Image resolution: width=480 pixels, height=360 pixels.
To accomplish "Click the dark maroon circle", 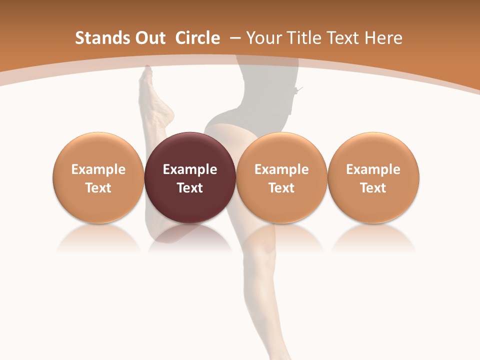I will click(x=190, y=178).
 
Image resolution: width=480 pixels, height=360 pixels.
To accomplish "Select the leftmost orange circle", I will click(x=98, y=178).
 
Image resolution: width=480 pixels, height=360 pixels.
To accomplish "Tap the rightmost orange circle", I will click(x=373, y=178).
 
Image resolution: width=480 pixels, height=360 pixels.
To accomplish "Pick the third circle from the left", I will click(x=281, y=178).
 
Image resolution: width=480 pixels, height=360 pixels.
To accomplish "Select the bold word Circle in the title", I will click(x=197, y=38).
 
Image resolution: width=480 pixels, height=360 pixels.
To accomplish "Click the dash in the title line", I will click(x=235, y=38).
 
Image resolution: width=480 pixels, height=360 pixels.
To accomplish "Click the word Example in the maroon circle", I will click(x=190, y=169).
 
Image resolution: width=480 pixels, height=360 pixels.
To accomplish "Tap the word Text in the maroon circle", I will click(x=190, y=188).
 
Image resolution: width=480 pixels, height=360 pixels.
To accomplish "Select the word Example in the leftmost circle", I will click(x=98, y=169).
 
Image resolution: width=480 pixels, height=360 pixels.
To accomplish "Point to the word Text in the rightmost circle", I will click(x=373, y=188).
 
